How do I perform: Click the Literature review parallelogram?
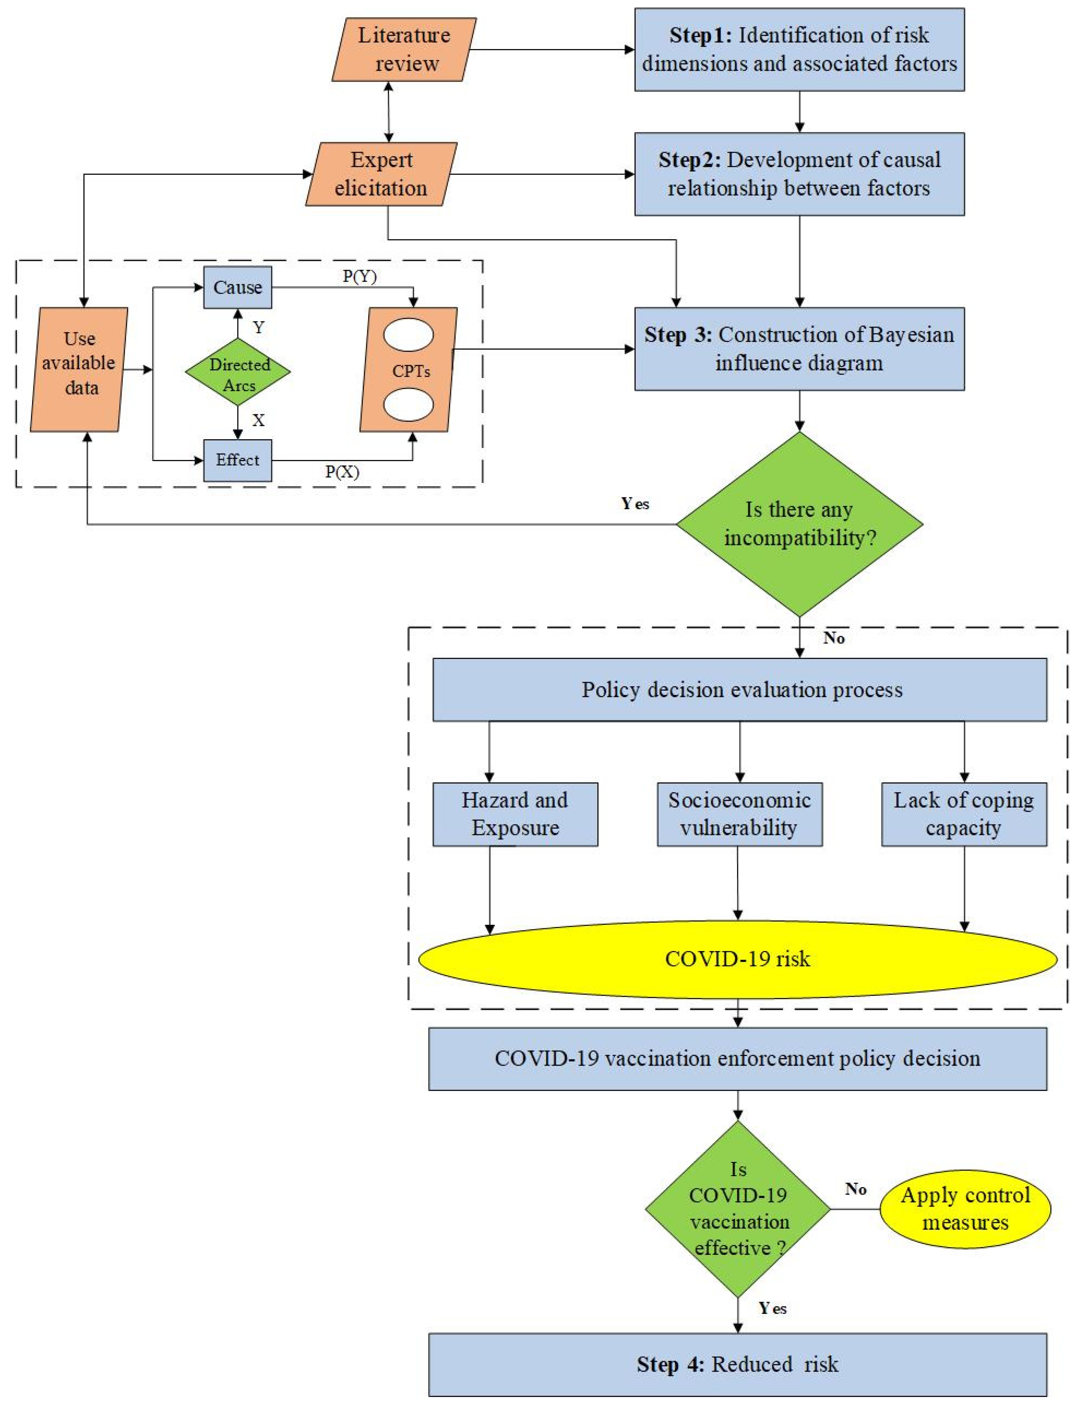click(404, 49)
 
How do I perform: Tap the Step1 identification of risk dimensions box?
click(799, 49)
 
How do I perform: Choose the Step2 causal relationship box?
click(799, 174)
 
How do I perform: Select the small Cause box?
click(237, 287)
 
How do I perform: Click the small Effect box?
click(237, 460)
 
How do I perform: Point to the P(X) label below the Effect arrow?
click(342, 472)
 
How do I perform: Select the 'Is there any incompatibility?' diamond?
click(799, 524)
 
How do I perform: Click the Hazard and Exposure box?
click(515, 814)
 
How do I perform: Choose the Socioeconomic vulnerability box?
click(740, 814)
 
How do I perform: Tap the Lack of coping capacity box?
click(964, 814)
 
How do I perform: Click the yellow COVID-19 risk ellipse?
click(738, 959)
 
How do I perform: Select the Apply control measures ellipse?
click(965, 1209)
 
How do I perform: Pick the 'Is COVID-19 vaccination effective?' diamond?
click(738, 1209)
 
